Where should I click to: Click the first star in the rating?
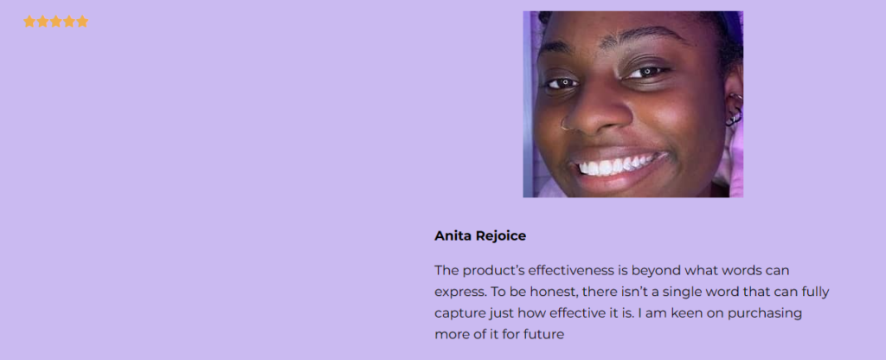tap(29, 22)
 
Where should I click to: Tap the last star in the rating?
tap(82, 22)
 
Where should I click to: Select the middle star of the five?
tap(56, 22)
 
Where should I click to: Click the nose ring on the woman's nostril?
tap(564, 124)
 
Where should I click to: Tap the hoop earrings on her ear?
tap(734, 110)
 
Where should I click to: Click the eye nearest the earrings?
tap(648, 72)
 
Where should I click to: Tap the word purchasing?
tap(765, 313)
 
